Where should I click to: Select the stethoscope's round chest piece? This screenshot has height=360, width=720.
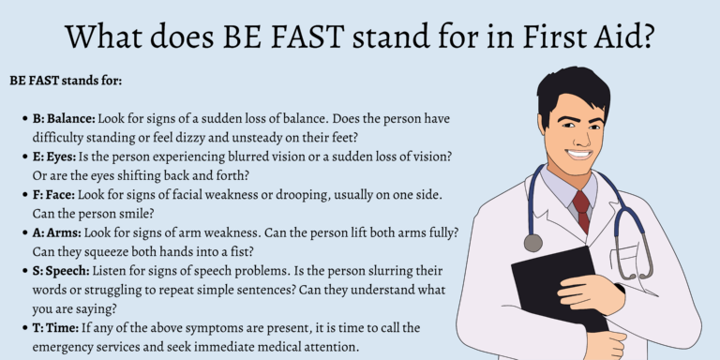pyautogui.click(x=533, y=243)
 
